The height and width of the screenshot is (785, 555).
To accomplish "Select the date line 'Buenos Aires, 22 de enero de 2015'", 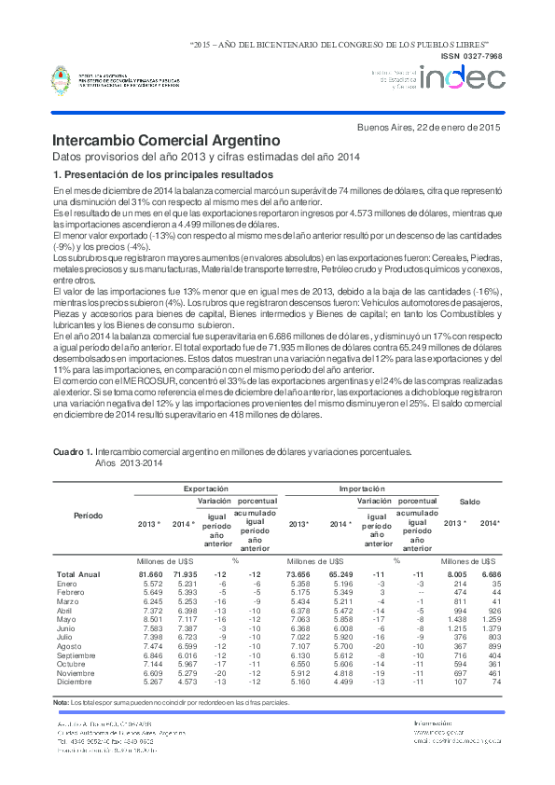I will tap(430, 127).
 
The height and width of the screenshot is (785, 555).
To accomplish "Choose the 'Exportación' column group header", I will tap(205, 488).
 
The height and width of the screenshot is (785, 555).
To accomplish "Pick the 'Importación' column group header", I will tap(361, 488).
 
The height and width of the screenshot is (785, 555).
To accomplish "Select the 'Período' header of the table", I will tap(89, 515).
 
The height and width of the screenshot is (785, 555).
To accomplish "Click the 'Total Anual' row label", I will tap(78, 574).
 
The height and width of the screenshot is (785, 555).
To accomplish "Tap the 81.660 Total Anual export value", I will tap(151, 574).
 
